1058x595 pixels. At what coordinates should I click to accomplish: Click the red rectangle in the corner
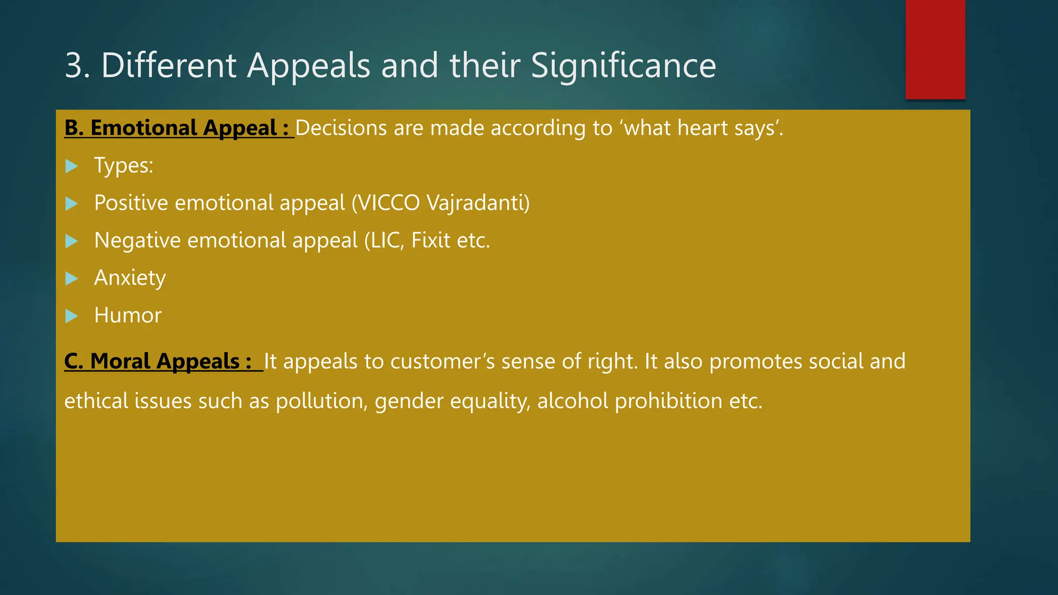click(935, 49)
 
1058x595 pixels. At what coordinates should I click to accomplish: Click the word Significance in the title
click(623, 66)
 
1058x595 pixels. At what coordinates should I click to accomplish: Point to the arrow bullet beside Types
click(72, 166)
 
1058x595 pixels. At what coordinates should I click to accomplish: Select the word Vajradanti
click(478, 203)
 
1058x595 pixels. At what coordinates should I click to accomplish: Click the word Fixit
click(430, 241)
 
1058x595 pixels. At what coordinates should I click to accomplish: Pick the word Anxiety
click(130, 278)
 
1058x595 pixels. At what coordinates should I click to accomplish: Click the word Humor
click(128, 316)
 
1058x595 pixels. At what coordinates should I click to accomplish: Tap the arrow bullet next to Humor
click(72, 316)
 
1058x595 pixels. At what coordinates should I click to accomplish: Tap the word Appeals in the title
click(308, 67)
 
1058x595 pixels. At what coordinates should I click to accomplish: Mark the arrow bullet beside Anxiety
click(72, 279)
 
